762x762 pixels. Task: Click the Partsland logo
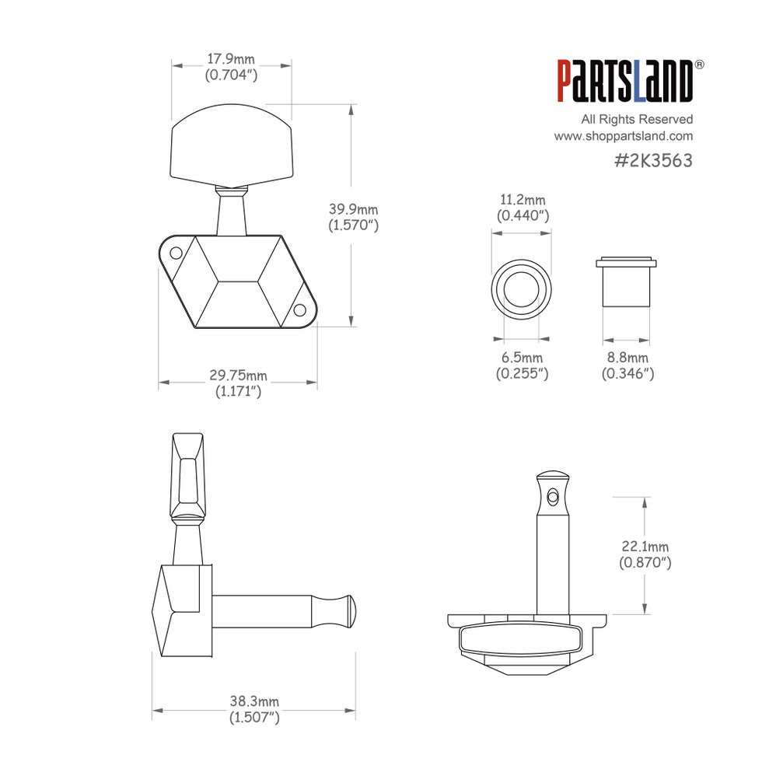click(625, 81)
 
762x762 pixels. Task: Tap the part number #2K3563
click(653, 160)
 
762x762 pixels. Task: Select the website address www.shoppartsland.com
click(624, 136)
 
